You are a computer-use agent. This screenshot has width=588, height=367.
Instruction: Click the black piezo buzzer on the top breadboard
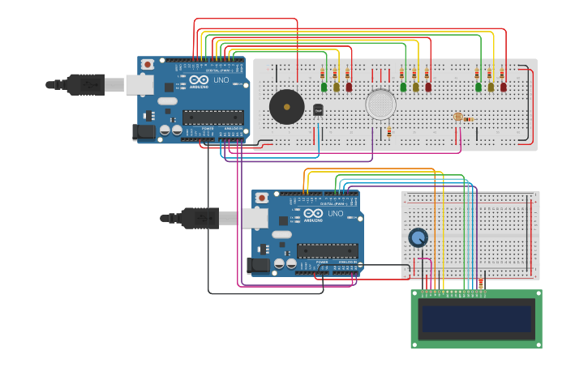pyautogui.click(x=286, y=107)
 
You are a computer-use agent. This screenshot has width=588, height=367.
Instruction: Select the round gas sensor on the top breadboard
pyautogui.click(x=380, y=105)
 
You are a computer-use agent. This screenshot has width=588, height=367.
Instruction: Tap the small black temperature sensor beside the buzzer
pyautogui.click(x=319, y=109)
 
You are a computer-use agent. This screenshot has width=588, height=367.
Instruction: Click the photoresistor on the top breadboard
pyautogui.click(x=458, y=117)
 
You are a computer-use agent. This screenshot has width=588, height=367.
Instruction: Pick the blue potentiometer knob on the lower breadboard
pyautogui.click(x=418, y=237)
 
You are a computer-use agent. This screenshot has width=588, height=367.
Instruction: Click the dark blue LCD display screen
pyautogui.click(x=476, y=318)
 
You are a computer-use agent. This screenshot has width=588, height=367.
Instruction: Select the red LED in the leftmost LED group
pyautogui.click(x=349, y=86)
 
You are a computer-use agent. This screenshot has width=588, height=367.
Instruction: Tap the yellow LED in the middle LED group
pyautogui.click(x=415, y=86)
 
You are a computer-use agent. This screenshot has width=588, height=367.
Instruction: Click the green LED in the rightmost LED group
pyautogui.click(x=479, y=86)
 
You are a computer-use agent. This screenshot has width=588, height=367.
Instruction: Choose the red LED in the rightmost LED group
pyautogui.click(x=503, y=86)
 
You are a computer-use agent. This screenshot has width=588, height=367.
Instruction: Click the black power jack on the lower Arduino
pyautogui.click(x=259, y=265)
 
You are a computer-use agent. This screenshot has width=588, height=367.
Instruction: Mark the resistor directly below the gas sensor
pyautogui.click(x=390, y=131)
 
